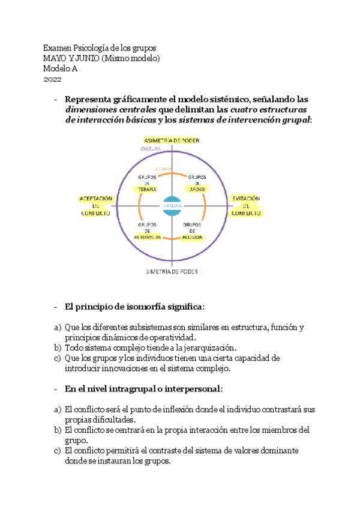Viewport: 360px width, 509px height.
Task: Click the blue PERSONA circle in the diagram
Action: click(x=172, y=205)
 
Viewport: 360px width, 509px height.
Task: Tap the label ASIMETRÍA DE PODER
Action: click(x=172, y=140)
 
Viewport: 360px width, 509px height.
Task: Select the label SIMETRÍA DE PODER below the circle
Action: click(x=172, y=271)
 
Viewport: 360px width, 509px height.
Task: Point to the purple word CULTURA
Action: click(x=150, y=148)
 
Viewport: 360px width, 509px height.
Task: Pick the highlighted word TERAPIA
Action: click(x=148, y=189)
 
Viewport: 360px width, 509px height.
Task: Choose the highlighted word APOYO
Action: click(x=197, y=189)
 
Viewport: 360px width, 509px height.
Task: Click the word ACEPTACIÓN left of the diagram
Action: click(x=96, y=199)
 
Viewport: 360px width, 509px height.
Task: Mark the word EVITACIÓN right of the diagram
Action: click(x=246, y=199)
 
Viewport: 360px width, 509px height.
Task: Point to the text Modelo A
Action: click(x=60, y=68)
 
